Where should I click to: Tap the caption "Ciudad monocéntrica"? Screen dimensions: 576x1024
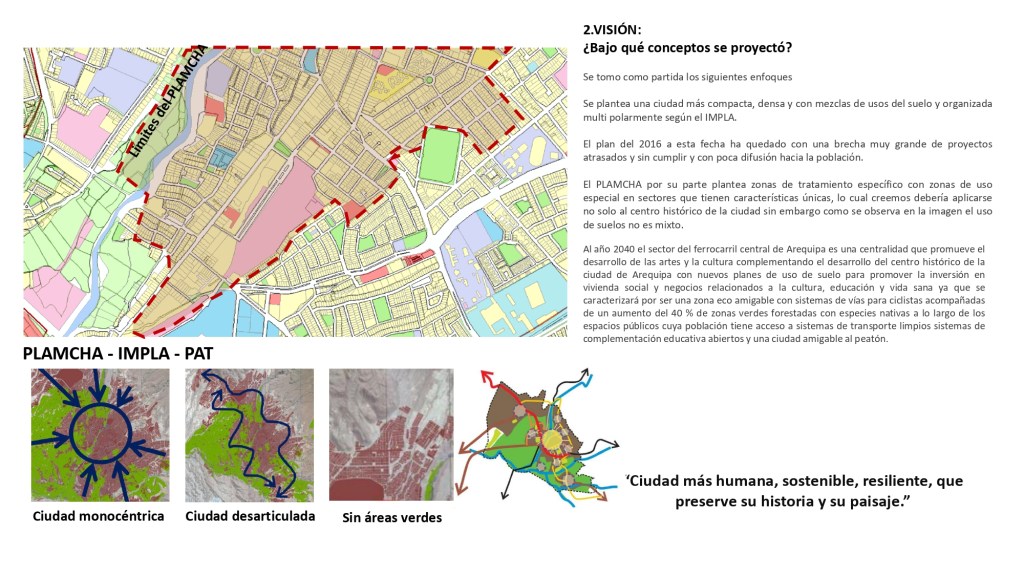tap(98, 517)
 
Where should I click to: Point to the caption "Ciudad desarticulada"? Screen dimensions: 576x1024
tap(250, 517)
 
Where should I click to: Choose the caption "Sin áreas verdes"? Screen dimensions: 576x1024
tap(391, 518)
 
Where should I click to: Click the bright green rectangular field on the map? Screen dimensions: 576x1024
tap(439, 157)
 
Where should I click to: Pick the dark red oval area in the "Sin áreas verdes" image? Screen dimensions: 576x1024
tap(356, 489)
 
